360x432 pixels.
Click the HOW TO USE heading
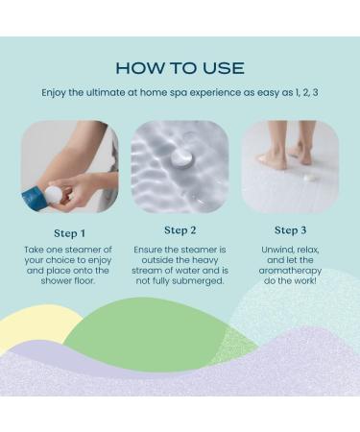coord(180,68)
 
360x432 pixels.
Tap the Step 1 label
coord(70,233)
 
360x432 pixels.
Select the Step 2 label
coord(180,230)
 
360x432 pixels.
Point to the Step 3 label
coord(290,230)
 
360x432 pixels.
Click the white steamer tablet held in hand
coord(55,195)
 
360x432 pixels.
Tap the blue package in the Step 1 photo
coord(33,199)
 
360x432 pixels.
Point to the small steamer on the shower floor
coord(309,178)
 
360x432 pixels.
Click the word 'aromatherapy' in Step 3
coord(290,271)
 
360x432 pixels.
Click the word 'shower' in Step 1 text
coord(53,281)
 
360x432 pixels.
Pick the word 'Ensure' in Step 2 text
coord(147,250)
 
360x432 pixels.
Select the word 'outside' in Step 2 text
coord(157,260)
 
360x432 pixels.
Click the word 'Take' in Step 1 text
coord(34,250)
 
